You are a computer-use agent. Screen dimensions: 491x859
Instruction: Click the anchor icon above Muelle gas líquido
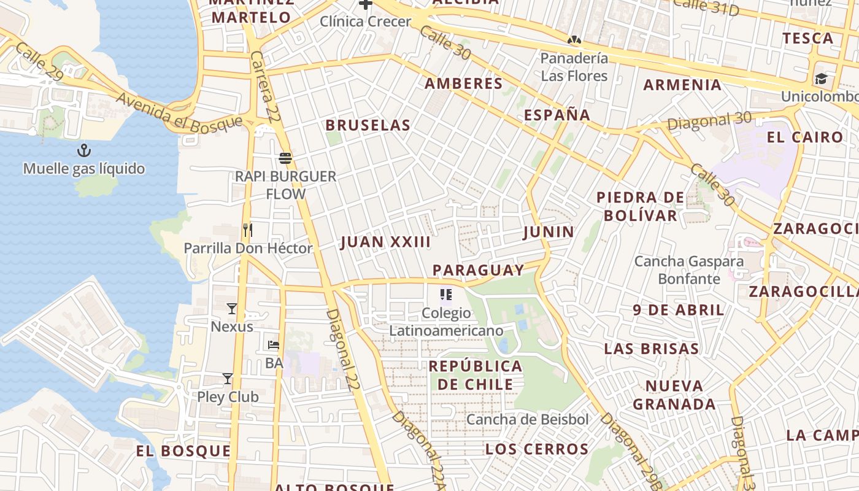[83, 150]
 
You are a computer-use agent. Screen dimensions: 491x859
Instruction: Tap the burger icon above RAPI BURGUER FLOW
[285, 158]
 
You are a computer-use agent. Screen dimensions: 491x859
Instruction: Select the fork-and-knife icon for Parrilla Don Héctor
[248, 230]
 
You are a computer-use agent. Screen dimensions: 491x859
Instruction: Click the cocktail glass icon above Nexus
[232, 308]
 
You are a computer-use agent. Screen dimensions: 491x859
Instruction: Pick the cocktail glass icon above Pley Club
[228, 379]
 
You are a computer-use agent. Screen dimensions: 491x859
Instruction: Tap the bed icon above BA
[274, 345]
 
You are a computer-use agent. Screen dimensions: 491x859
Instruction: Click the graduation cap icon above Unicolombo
[821, 79]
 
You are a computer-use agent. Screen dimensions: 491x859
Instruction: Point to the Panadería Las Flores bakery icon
[574, 41]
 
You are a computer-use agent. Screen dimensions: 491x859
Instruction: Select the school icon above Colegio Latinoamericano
[446, 295]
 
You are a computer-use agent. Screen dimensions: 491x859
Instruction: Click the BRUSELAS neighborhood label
[368, 125]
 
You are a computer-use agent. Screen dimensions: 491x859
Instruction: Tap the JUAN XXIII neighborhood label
[385, 242]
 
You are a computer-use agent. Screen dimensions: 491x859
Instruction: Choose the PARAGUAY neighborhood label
[478, 270]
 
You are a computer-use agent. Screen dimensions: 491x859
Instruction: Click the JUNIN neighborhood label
[549, 232]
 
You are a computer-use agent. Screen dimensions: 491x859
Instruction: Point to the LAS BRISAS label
[652, 349]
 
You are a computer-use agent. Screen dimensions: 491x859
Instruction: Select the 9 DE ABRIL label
[679, 310]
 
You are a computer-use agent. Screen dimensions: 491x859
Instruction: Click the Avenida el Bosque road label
[179, 112]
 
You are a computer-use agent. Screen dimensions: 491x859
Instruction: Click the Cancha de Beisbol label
[528, 420]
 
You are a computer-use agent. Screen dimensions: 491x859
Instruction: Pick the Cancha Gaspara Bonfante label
[688, 270]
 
